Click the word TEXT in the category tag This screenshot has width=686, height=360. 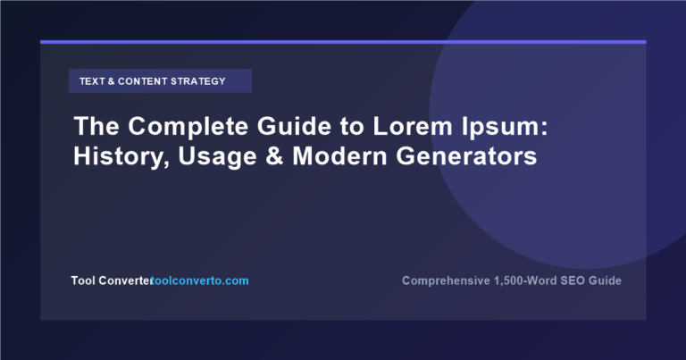coord(92,81)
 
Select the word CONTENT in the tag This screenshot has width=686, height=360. coord(143,81)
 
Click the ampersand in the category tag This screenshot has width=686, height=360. coord(111,81)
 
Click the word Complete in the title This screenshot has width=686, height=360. coord(188,127)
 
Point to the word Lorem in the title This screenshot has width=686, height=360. coord(412,126)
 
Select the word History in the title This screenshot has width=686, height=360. coord(119,156)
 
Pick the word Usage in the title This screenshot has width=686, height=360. coord(217,157)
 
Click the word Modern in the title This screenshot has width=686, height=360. coord(339,156)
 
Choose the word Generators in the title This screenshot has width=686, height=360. coord(466,156)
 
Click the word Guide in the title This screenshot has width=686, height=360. coord(294,126)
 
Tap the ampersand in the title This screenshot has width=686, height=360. coord(274,156)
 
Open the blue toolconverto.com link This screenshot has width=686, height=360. coord(200,280)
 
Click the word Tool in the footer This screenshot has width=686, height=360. coord(83,280)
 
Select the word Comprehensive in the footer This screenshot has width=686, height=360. coord(446,280)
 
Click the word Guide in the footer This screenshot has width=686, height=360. coord(605,280)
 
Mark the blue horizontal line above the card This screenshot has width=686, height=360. coord(343,42)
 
